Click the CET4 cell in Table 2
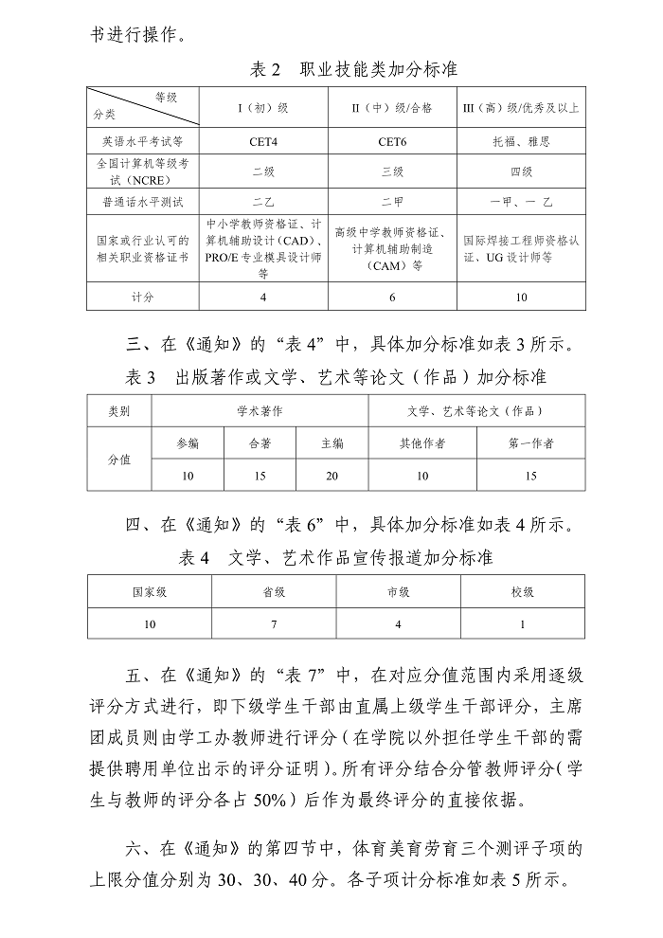click(x=263, y=141)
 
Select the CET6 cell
click(x=392, y=141)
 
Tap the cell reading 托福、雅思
click(x=521, y=141)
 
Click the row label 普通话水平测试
click(x=143, y=202)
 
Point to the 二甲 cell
click(x=392, y=202)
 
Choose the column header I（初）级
click(x=263, y=107)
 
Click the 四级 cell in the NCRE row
click(x=521, y=171)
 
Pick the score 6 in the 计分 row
click(x=392, y=297)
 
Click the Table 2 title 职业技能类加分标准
click(x=379, y=70)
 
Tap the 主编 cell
click(x=331, y=443)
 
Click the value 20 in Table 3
click(x=331, y=476)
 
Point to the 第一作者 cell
click(x=531, y=443)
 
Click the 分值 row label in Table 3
click(x=119, y=459)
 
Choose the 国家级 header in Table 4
click(x=150, y=592)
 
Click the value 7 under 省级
click(x=274, y=624)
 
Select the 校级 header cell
click(x=523, y=592)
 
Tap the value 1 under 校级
click(x=523, y=624)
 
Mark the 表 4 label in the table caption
click(x=193, y=557)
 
